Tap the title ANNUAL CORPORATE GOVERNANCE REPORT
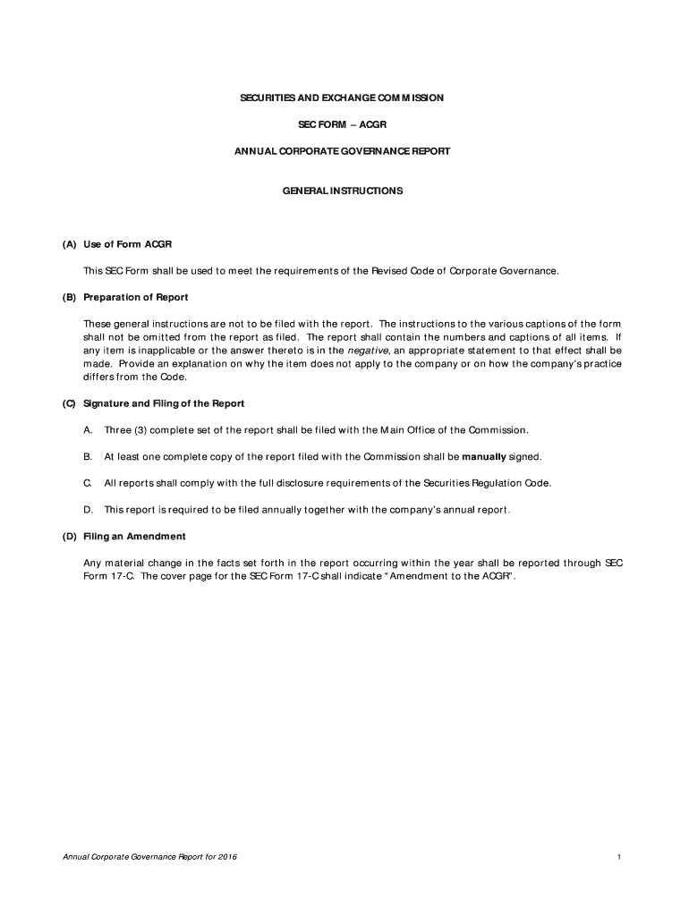[x=343, y=152]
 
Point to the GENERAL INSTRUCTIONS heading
[x=343, y=191]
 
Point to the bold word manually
[x=484, y=456]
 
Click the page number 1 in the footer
[x=618, y=857]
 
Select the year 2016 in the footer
[x=226, y=857]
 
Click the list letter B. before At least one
[x=88, y=456]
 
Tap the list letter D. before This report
[x=88, y=510]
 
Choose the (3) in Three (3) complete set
[x=141, y=430]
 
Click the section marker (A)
[x=69, y=243]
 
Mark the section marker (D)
[x=69, y=536]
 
